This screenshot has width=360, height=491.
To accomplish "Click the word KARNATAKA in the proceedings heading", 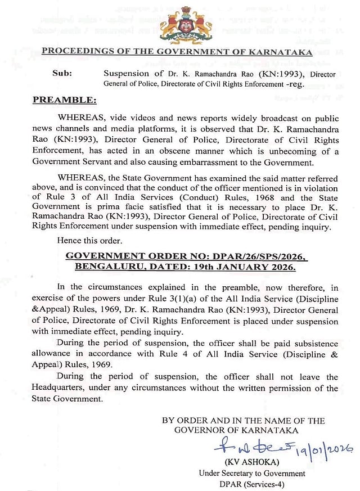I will pyautogui.click(x=276, y=52).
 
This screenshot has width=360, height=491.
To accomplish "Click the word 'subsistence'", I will pyautogui.click(x=315, y=344).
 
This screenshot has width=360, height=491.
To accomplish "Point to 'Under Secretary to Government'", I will pyautogui.click(x=251, y=473).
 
